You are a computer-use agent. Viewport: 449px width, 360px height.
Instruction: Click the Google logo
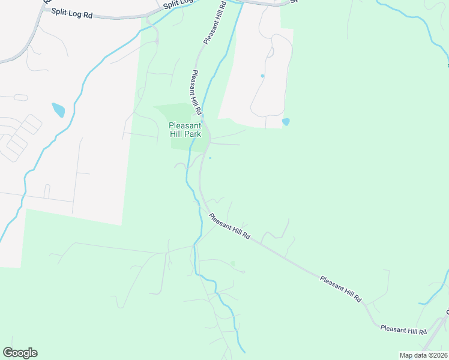click(20, 353)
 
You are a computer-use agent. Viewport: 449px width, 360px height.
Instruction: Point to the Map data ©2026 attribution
click(423, 355)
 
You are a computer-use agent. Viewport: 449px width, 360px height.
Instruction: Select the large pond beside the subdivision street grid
click(58, 110)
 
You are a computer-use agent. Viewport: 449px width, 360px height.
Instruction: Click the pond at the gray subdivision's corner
click(286, 122)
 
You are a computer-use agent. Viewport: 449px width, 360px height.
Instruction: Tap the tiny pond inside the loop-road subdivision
click(262, 76)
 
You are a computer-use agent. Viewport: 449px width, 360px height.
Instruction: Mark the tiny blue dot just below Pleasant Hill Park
click(210, 158)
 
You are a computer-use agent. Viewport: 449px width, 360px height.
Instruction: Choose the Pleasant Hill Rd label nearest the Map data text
click(403, 331)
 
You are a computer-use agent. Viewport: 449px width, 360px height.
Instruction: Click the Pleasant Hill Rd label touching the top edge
click(214, 23)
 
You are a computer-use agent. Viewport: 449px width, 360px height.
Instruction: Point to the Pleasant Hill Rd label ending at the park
click(196, 93)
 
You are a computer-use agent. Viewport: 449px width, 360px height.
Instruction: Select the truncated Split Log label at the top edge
click(176, 5)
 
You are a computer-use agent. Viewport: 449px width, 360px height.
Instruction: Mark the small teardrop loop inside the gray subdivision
click(270, 52)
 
